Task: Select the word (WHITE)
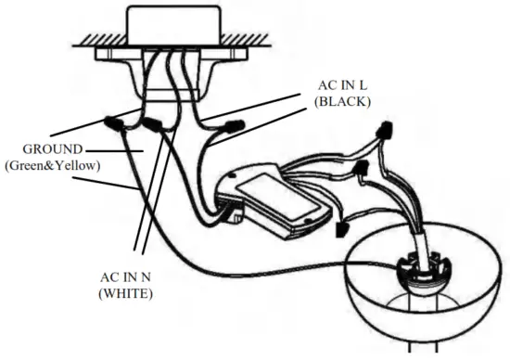coord(126,293)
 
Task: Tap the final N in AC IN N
coord(152,276)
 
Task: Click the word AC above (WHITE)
coord(108,276)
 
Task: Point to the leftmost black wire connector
coord(115,122)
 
